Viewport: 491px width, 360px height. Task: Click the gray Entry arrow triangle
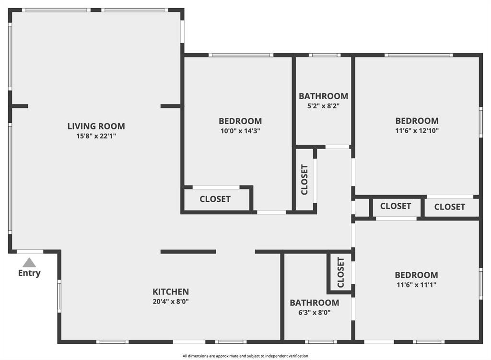point(29,263)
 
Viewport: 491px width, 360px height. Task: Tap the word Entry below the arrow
point(29,273)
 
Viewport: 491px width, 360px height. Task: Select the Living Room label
point(96,126)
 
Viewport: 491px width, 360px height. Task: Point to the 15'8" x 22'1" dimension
point(96,136)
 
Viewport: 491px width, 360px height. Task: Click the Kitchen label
point(171,292)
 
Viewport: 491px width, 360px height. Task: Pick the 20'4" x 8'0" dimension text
point(171,302)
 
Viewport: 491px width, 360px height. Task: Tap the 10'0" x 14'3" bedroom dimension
point(240,131)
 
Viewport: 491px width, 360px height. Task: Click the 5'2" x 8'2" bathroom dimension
point(324,106)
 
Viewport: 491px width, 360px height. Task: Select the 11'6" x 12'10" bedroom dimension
point(417,130)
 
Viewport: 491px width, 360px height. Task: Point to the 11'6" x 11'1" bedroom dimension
point(417,285)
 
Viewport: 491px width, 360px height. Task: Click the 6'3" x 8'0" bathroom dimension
point(315,313)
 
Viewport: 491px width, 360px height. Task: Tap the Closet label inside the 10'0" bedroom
point(215,199)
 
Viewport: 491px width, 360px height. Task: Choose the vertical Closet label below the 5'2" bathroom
point(304,180)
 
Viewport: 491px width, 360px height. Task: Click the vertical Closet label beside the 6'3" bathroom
point(341,272)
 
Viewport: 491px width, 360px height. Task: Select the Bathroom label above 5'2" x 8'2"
point(324,96)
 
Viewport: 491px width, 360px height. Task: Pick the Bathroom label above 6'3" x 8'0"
point(315,302)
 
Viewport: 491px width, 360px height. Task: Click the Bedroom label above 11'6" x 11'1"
point(417,275)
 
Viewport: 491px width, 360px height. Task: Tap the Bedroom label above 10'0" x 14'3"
point(240,121)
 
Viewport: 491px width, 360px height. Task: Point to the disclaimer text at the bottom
point(245,356)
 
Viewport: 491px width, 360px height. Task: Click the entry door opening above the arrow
point(30,252)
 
